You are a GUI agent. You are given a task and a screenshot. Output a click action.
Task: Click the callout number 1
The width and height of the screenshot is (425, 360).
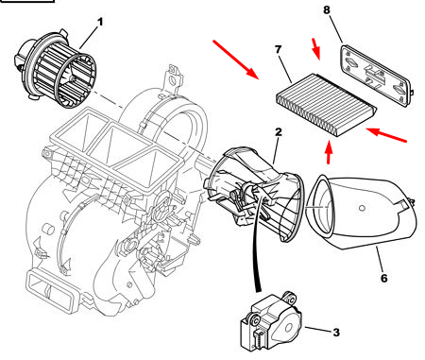pos(100,23)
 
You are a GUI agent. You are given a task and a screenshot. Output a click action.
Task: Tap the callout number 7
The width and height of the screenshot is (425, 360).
pos(278,50)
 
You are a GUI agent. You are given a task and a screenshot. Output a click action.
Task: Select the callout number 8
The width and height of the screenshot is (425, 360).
pos(327,10)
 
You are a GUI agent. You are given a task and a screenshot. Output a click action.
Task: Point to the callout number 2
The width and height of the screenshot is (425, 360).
pos(278,132)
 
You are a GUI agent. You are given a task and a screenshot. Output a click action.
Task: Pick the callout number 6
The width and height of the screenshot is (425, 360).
pos(383,279)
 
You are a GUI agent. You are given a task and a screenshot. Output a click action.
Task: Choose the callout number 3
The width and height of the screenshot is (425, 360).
pos(336,333)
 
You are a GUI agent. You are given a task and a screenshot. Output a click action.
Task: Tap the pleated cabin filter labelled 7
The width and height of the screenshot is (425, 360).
pos(326,105)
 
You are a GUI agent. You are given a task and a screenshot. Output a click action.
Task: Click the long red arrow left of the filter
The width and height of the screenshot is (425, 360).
pos(235,59)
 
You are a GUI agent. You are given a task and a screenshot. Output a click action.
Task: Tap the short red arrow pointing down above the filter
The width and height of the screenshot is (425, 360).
pos(315,49)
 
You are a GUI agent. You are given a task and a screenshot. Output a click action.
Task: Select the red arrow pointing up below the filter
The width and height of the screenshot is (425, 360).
pos(329,153)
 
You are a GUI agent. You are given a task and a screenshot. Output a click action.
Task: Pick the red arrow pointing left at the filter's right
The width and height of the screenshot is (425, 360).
pos(386,134)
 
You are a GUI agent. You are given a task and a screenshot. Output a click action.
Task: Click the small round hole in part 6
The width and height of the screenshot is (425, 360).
pos(362,208)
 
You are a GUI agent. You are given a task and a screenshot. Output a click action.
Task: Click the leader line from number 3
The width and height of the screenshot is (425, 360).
pos(318,330)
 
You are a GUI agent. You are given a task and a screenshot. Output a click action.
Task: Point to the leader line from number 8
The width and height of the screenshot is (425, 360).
pos(336,29)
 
